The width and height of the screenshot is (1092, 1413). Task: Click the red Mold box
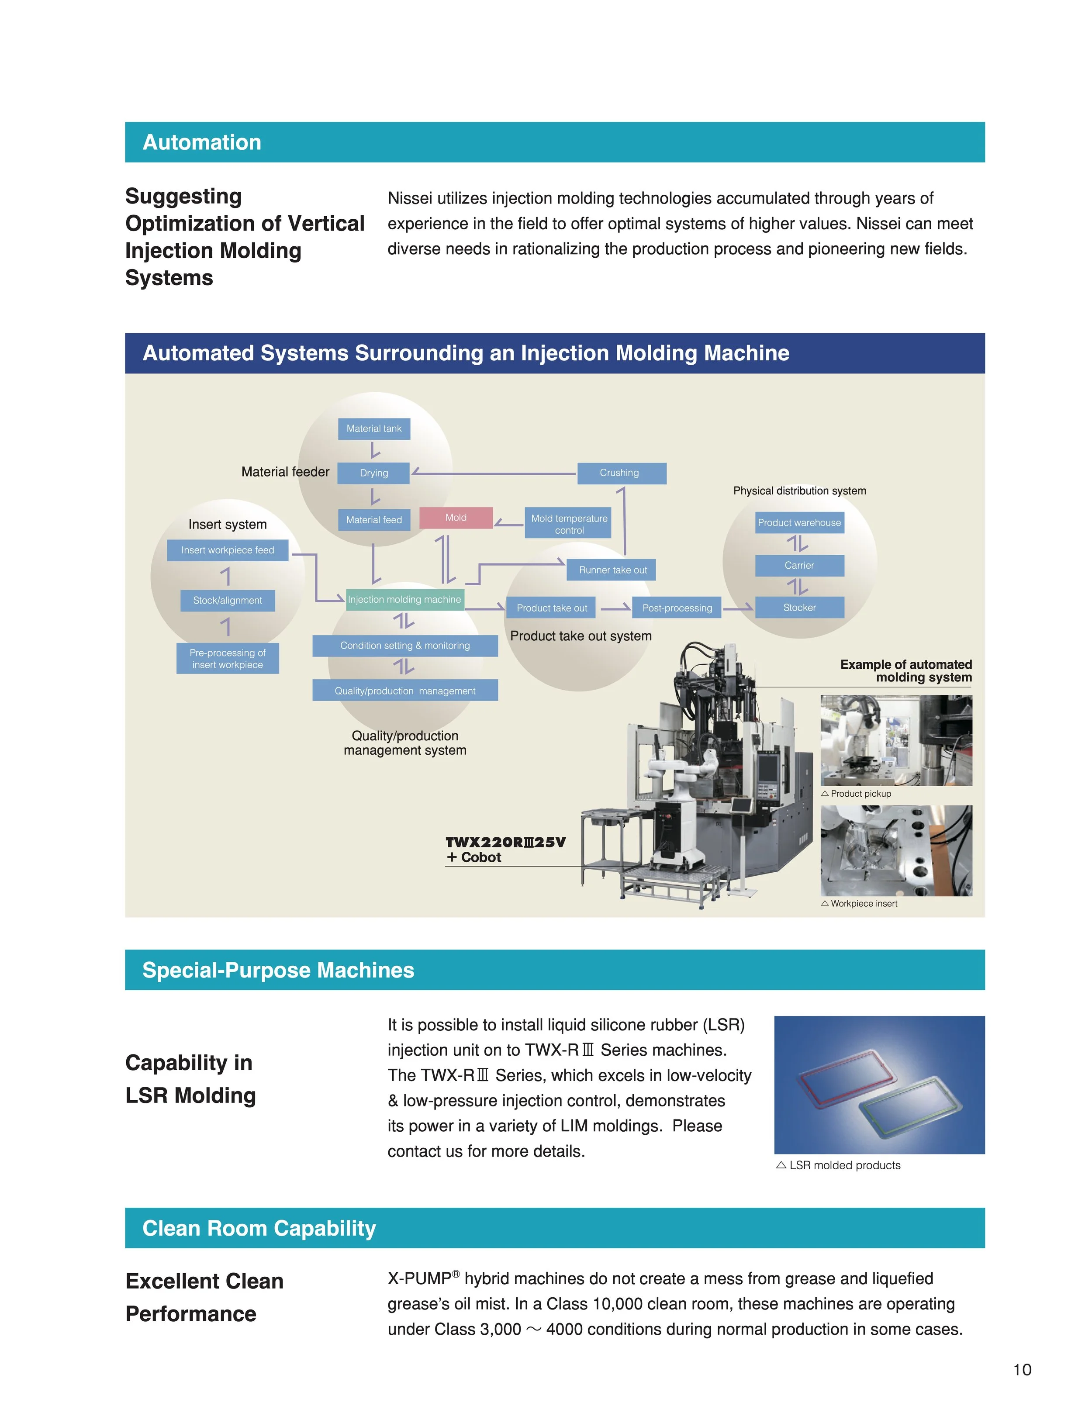456,518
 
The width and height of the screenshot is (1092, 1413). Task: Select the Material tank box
374,429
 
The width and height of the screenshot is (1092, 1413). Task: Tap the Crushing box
622,473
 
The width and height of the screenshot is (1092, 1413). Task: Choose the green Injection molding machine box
405,599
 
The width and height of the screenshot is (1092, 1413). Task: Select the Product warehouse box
800,523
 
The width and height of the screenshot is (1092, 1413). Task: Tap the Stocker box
800,608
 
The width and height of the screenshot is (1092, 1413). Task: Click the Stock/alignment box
228,601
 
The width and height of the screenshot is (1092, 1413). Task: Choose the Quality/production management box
405,690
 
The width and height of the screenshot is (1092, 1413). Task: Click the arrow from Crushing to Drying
494,473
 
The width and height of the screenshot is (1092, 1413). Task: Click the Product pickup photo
896,740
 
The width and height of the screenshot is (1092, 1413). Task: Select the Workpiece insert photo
896,851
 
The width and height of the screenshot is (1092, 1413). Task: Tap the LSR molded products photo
879,1085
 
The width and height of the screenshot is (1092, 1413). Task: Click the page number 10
1022,1370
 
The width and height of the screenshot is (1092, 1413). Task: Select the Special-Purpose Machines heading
278,971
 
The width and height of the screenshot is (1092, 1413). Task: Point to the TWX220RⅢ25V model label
505,843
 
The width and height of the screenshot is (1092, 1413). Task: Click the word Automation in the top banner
202,142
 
